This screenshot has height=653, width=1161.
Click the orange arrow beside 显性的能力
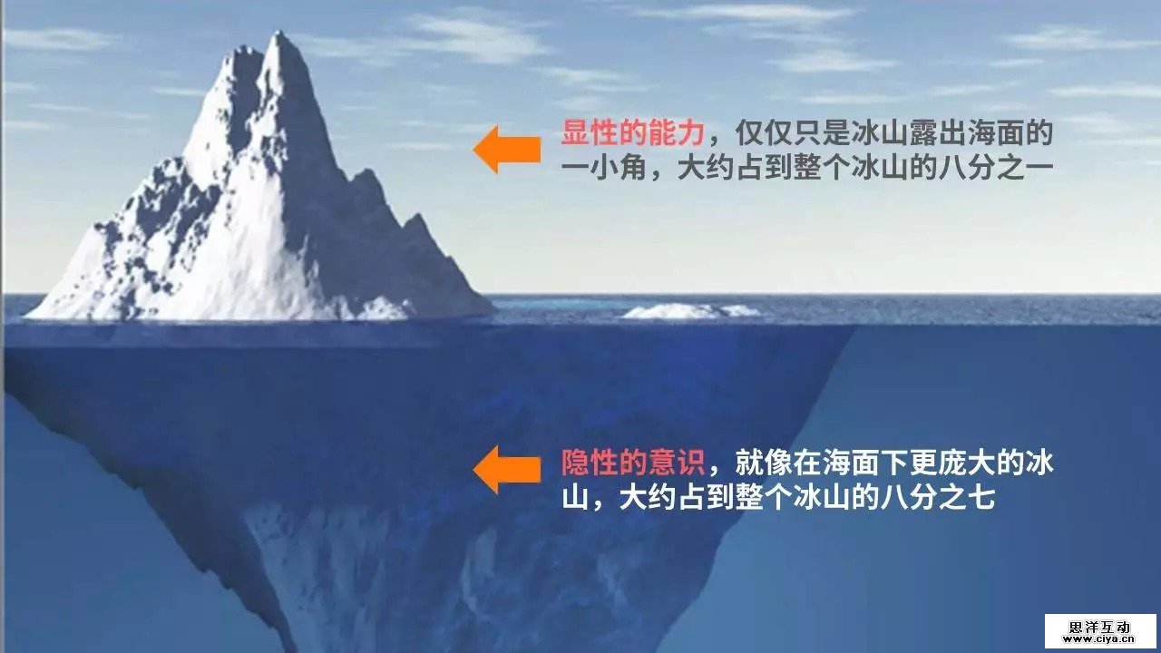tap(506, 150)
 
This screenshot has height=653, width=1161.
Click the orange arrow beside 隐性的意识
tap(506, 470)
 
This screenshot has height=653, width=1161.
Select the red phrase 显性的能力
tap(633, 132)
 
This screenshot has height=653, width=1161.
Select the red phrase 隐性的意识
tap(633, 463)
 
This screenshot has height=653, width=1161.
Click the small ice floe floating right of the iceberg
tap(690, 311)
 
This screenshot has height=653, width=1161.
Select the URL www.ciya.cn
tap(1099, 639)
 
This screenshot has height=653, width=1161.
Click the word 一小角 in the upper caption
tap(604, 168)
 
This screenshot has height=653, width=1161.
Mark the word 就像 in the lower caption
tap(764, 463)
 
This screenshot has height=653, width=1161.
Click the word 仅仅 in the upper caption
tap(764, 132)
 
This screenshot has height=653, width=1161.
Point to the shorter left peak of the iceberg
tap(242, 50)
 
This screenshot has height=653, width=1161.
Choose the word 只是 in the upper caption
tap(822, 132)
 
